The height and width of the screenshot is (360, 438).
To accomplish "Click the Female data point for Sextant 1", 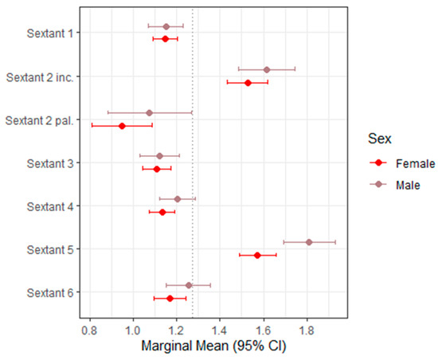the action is [165, 39].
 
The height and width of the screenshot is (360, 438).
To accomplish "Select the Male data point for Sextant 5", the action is [309, 242].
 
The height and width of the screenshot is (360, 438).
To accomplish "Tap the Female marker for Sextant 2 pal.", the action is [122, 126].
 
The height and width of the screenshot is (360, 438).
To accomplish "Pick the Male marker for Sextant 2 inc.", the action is [267, 69].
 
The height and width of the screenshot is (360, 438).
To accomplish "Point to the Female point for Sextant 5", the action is [257, 256].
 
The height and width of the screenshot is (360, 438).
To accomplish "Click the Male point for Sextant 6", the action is [189, 285].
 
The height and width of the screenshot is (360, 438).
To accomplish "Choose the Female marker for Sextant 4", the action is [162, 213].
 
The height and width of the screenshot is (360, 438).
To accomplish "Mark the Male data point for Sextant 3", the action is [159, 156].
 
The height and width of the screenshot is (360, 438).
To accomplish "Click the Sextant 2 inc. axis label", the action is [40, 77].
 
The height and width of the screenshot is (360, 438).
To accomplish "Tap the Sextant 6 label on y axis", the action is [50, 293].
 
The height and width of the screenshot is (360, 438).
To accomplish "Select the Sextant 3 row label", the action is [50, 163].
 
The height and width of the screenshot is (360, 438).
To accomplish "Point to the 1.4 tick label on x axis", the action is [220, 331].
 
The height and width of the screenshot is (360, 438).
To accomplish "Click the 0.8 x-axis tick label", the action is [89, 331].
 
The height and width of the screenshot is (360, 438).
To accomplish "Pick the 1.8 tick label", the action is [307, 331].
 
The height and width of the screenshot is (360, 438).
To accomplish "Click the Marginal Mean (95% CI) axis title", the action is [213, 346].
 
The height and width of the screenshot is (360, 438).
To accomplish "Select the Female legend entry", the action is [402, 163].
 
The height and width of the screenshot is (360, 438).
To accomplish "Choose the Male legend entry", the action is [395, 185].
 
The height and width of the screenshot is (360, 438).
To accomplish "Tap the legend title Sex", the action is [380, 139].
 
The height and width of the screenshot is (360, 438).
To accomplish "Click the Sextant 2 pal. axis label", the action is [39, 120].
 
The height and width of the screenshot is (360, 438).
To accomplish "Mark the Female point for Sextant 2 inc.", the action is [248, 83].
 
